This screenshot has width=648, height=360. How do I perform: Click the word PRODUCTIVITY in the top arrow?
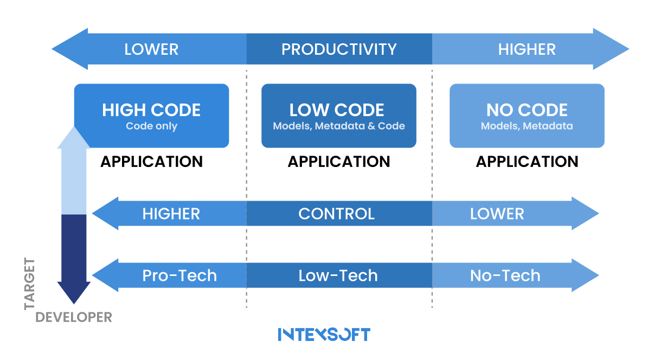point(339,49)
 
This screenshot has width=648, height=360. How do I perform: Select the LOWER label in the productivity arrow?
point(151,49)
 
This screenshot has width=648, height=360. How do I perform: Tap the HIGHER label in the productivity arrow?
point(527,49)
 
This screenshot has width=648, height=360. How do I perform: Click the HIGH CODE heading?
point(151,110)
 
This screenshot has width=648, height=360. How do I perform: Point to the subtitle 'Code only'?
point(151,126)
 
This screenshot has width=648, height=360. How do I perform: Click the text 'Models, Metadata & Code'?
point(339,126)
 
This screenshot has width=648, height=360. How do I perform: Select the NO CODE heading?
point(527,110)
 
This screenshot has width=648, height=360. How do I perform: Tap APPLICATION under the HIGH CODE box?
point(151,162)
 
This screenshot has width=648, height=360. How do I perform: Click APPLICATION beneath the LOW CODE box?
point(339,162)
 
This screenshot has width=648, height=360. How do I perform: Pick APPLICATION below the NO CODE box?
point(527,162)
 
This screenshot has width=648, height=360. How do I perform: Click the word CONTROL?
point(336,214)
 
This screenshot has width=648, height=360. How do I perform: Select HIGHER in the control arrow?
point(171,214)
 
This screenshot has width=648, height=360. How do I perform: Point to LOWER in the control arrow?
point(497,214)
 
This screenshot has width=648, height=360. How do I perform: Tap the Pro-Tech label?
point(179,275)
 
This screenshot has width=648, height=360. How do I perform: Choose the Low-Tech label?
point(338,275)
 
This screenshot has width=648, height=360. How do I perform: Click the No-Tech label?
point(505,275)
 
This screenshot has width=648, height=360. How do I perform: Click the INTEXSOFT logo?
point(324,334)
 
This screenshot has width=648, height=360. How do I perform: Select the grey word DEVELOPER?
point(74,317)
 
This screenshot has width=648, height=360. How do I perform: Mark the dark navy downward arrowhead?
point(74,293)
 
